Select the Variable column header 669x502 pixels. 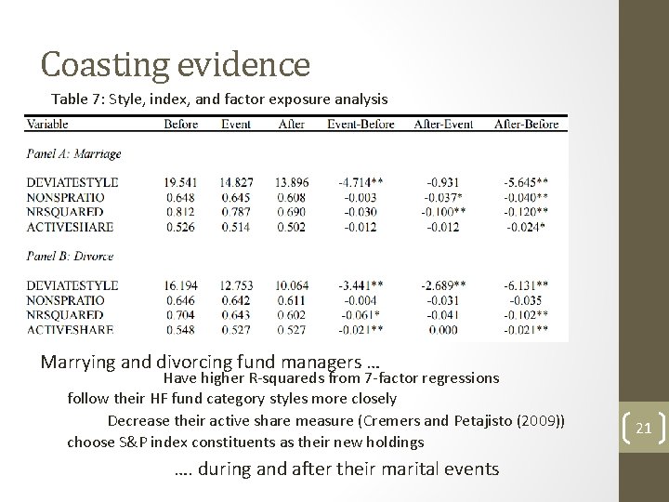pos(53,124)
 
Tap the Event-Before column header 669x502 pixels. pos(361,124)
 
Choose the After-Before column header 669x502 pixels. pos(527,124)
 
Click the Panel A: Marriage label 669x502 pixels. pos(73,153)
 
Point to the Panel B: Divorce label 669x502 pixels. pos(71,256)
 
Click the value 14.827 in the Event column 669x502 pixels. pos(237,183)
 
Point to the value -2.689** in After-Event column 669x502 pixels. pos(447,285)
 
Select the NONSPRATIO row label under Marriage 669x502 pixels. pos(66,198)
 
